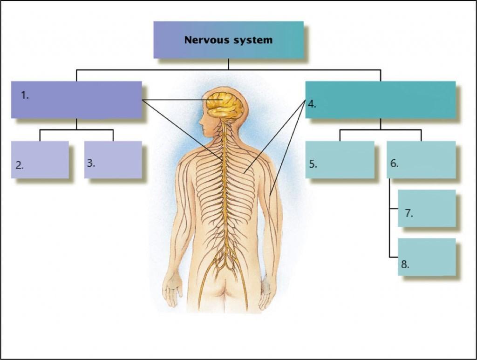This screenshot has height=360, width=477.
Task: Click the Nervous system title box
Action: tap(228, 40)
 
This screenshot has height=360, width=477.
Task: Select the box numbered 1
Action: tap(76, 100)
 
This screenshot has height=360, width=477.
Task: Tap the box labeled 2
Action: tap(40, 159)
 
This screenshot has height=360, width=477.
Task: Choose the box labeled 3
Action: tap(113, 159)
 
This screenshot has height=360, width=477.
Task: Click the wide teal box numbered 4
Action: tap(380, 100)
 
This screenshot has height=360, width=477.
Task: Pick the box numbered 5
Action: tap(340, 159)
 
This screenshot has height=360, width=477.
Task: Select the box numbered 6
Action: tap(421, 159)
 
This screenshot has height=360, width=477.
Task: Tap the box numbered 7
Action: tap(427, 208)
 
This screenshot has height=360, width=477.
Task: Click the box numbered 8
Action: tap(427, 257)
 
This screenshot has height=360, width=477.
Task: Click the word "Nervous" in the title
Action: tap(205, 40)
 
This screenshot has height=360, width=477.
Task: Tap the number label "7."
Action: tap(409, 213)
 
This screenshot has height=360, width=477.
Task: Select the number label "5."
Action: tap(313, 164)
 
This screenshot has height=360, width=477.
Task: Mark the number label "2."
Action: tap(20, 165)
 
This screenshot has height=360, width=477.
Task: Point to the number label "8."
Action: tap(405, 265)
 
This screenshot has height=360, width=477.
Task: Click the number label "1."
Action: tap(25, 95)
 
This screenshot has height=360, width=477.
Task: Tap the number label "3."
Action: tap(91, 163)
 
